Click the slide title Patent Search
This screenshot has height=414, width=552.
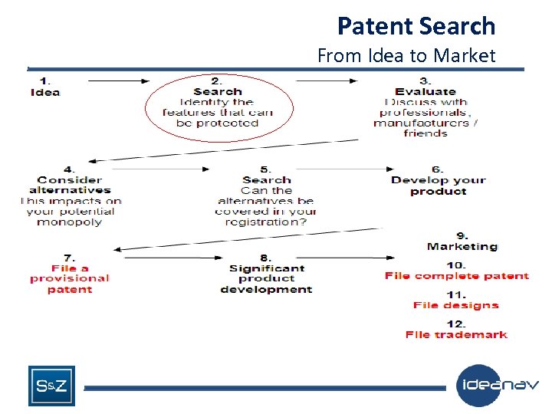[x=416, y=26]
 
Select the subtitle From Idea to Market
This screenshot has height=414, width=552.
[x=406, y=55]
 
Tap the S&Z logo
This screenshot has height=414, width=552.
[x=51, y=386]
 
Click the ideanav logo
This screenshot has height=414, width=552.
[x=498, y=385]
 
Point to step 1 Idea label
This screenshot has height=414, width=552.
[x=45, y=92]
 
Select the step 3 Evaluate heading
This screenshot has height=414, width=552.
[x=425, y=91]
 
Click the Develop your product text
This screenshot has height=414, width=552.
[x=438, y=186]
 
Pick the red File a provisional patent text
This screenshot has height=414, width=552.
[x=70, y=278]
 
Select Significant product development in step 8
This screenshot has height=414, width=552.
[x=266, y=278]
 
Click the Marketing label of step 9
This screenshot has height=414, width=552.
[x=462, y=246]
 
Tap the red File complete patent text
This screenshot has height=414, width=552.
[x=456, y=275]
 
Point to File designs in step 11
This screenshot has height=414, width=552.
[x=455, y=305]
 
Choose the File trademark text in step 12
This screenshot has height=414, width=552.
[x=456, y=334]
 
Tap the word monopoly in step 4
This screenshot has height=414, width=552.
[x=70, y=222]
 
